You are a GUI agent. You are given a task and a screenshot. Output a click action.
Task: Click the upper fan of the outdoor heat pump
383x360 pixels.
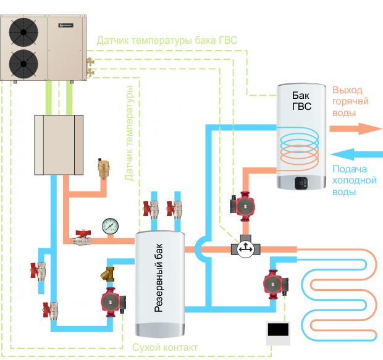[24, 31]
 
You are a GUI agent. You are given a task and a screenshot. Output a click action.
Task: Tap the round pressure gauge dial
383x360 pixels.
[112, 225]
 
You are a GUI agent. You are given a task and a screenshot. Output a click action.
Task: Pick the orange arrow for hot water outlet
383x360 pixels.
[355, 128]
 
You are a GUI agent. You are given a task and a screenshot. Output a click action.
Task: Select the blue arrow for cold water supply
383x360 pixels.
[355, 154]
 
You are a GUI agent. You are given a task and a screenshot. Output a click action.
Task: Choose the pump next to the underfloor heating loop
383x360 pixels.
[274, 285]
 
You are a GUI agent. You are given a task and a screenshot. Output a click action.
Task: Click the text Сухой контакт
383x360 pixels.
[165, 346]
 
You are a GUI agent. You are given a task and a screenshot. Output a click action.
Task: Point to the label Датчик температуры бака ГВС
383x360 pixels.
[167, 41]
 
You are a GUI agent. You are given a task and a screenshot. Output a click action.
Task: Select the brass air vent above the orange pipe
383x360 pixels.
[102, 168]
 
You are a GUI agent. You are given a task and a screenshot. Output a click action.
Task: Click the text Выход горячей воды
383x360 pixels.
[350, 101]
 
